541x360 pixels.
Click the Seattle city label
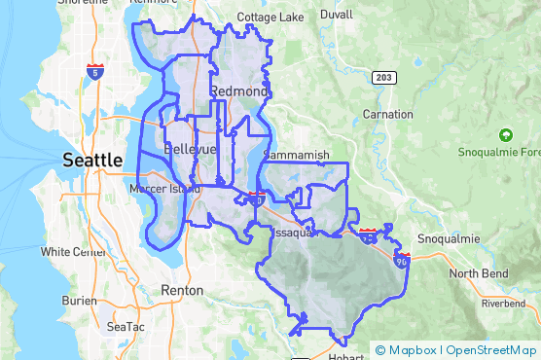click(92, 160)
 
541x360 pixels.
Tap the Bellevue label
click(190, 149)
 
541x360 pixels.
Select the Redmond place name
click(238, 91)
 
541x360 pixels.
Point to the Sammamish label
click(297, 156)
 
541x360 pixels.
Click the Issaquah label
click(292, 234)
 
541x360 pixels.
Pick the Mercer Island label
click(158, 189)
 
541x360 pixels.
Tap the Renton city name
click(182, 290)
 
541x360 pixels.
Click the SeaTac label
click(126, 328)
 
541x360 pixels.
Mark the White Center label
click(73, 252)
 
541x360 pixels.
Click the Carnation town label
click(387, 114)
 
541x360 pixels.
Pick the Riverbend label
click(502, 304)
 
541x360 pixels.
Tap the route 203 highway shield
click(384, 78)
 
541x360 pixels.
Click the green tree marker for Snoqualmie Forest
click(505, 134)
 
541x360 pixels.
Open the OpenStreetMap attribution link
click(491, 350)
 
